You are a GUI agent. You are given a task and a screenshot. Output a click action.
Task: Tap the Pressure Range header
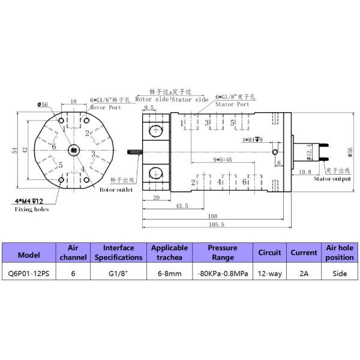[222, 252]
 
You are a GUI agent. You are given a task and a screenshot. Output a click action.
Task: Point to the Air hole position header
[340, 252]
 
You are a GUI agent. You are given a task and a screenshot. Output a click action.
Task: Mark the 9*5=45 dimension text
[223, 160]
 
